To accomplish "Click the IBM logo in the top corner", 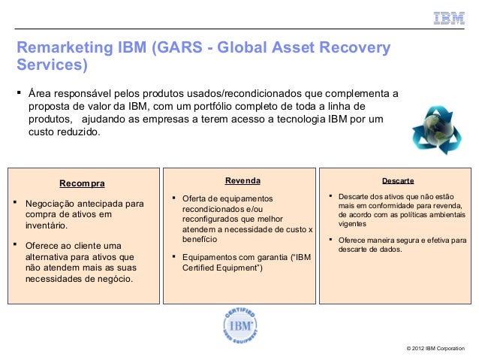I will (448, 18).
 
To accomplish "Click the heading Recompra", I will (83, 183).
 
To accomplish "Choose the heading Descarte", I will (398, 181).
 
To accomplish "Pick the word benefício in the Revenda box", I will (200, 239).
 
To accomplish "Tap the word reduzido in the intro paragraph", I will (75, 132).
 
